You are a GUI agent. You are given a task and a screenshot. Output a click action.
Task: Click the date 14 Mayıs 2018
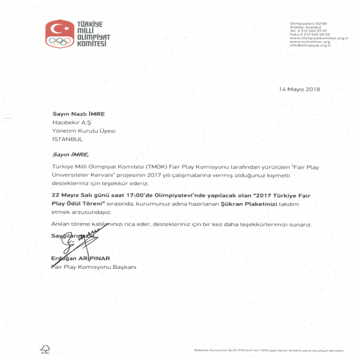point(299,89)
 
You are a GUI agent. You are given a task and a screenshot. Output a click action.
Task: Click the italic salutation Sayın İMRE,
point(70,154)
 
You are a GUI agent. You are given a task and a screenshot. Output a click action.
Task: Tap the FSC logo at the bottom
point(45,349)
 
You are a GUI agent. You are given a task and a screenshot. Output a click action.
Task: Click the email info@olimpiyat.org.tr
point(310,46)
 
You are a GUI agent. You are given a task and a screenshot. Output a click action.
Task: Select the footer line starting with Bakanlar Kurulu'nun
point(269,351)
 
